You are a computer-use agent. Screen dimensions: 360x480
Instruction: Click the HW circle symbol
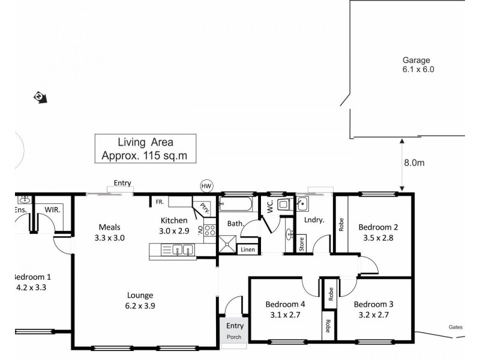207,186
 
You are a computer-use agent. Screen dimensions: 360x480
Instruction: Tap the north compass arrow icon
41,97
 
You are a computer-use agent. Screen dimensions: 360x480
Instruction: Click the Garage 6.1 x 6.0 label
418,64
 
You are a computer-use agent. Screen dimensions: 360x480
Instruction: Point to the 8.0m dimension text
415,162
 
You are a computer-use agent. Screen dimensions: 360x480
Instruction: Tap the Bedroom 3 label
373,309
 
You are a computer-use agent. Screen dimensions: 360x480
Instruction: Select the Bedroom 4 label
286,309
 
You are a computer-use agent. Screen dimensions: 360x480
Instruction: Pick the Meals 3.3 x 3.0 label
110,232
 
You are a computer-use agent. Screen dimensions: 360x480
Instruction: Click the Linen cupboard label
248,249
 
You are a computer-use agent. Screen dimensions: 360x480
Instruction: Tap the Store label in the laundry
302,244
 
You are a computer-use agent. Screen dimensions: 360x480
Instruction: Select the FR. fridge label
160,202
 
